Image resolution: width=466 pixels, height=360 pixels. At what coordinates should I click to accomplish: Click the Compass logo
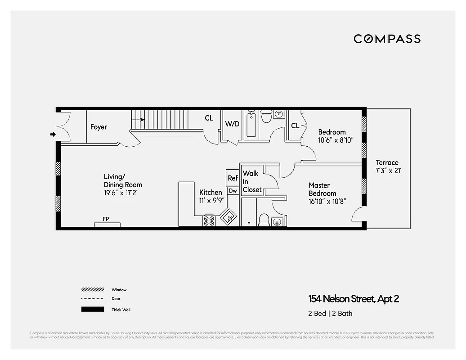(387, 39)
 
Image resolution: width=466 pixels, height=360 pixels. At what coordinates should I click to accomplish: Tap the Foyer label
(99, 127)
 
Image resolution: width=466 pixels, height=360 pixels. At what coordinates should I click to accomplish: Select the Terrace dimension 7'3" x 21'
(387, 171)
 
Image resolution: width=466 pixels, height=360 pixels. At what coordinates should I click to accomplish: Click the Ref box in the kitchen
(233, 178)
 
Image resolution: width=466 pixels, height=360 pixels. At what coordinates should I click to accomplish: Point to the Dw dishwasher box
(233, 191)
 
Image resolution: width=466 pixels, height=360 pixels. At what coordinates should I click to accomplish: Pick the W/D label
(232, 124)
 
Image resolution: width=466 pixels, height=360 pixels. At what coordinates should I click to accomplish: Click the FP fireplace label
(106, 219)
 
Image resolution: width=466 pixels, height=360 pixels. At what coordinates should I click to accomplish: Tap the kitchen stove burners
(209, 220)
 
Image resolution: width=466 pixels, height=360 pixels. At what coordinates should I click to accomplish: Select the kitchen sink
(229, 218)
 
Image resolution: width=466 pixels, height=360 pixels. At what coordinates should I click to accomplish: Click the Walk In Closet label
(251, 181)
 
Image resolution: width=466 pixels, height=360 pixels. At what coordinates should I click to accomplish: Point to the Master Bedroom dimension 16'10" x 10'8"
(327, 202)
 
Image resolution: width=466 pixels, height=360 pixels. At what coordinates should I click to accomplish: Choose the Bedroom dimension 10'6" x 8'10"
(336, 140)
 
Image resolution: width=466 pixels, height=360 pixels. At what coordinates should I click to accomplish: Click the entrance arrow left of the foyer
(53, 134)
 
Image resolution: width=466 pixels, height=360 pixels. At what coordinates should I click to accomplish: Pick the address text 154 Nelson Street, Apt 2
(354, 299)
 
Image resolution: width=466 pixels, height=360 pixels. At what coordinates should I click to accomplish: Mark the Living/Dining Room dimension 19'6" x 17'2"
(123, 193)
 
